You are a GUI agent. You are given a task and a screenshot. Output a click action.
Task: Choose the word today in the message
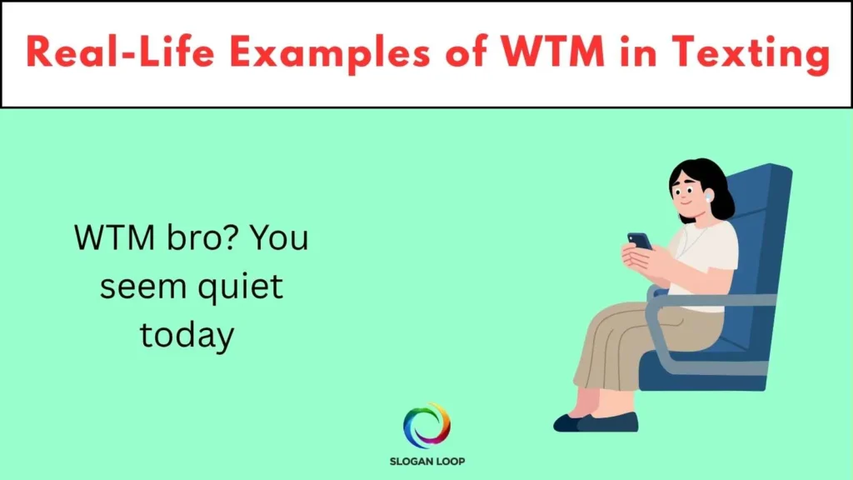187,335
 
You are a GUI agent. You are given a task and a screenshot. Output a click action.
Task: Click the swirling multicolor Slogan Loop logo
426,425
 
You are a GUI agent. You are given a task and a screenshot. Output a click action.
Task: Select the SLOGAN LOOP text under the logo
426,461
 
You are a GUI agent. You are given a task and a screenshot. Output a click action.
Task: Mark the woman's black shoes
596,422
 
